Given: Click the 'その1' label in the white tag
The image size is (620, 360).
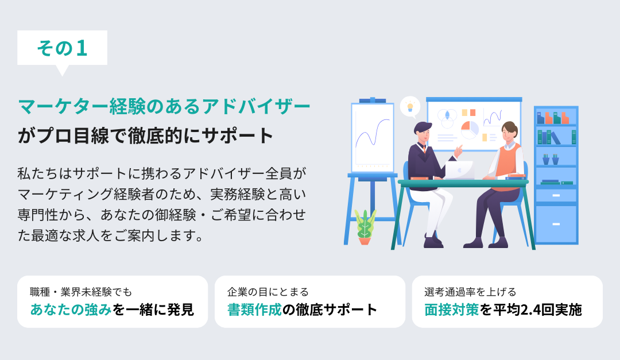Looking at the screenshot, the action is click(62, 48).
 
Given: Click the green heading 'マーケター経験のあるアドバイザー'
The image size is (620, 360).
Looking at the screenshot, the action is click(164, 106).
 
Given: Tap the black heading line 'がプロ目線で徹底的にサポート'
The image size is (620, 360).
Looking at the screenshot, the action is click(145, 136).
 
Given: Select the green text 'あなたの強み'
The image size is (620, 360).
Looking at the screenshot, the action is click(71, 309).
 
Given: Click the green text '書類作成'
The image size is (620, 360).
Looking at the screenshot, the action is click(255, 309).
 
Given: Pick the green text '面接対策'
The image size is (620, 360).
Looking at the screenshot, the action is click(452, 309).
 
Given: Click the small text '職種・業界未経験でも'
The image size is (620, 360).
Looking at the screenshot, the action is click(81, 292).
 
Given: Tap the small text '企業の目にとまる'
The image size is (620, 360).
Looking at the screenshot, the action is click(268, 292).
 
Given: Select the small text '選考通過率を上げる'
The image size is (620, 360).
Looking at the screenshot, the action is click(471, 292).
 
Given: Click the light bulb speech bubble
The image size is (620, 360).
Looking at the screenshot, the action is click(410, 107).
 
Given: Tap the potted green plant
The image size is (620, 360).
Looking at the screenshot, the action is click(365, 227).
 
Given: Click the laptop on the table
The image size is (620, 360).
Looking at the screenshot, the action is click(459, 170).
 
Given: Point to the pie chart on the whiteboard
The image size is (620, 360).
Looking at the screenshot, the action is click(470, 130).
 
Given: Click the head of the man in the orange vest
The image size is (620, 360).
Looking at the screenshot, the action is click(509, 133).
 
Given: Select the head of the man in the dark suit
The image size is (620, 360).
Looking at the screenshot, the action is click(423, 133).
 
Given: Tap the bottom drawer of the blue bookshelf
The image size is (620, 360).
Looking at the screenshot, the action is click(556, 224).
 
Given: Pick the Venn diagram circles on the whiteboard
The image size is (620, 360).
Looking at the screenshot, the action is click(447, 118).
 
